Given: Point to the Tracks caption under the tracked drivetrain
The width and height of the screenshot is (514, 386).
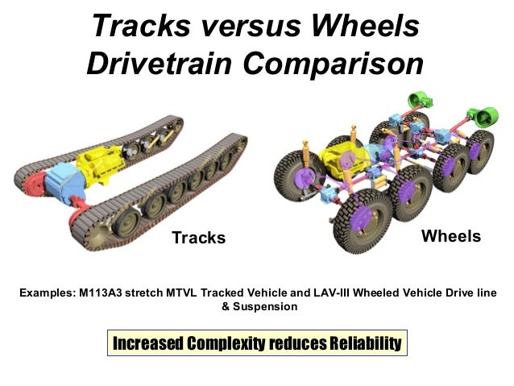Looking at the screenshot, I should click(199, 238).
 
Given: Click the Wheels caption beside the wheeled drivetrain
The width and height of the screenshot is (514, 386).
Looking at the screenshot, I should click(451, 236).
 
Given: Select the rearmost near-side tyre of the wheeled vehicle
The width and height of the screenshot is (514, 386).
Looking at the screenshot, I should click(480, 150).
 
